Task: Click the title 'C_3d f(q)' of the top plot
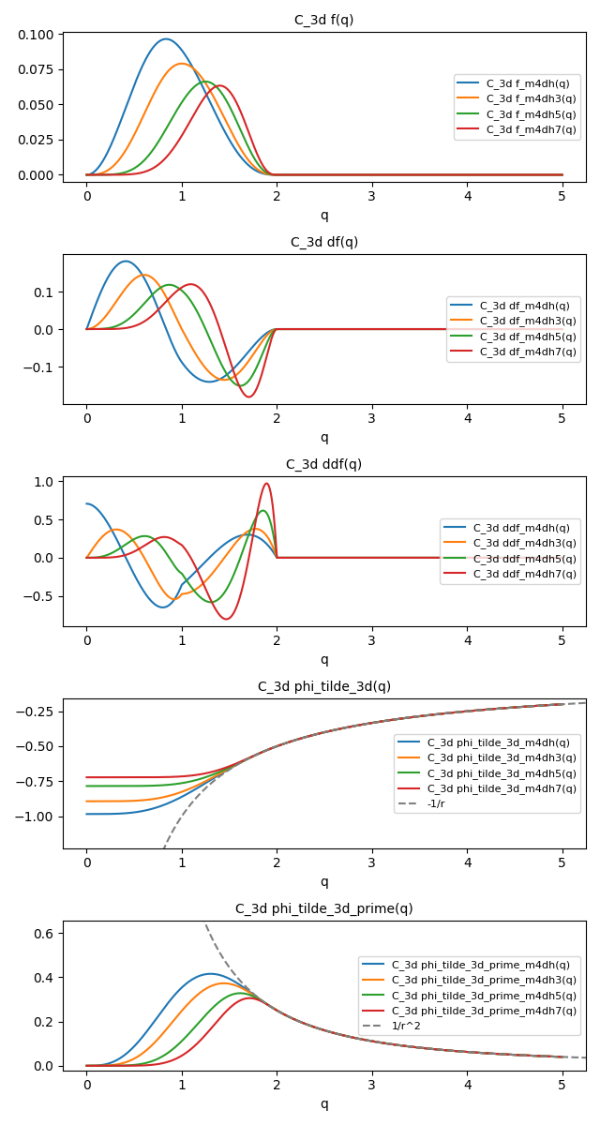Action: [x=324, y=20]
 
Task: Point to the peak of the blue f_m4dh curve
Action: [x=166, y=39]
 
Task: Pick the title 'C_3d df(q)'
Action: [x=324, y=242]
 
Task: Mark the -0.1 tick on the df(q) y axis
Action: [x=41, y=367]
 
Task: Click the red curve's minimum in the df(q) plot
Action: [x=248, y=397]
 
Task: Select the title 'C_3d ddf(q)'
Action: [x=324, y=464]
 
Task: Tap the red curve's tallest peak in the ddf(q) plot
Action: [x=266, y=484]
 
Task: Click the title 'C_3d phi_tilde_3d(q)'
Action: [x=324, y=686]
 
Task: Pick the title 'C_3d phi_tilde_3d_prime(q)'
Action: [x=324, y=908]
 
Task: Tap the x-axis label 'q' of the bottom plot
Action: [x=324, y=1103]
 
